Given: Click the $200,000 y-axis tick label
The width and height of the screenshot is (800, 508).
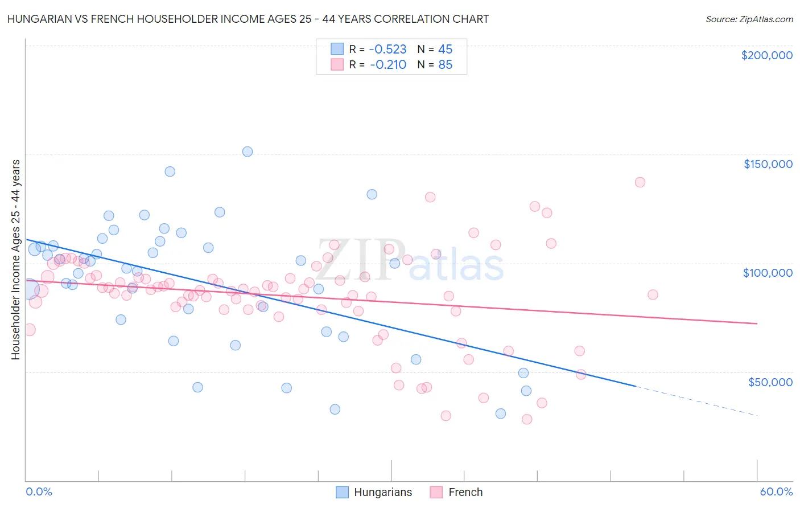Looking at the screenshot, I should pos(766,55).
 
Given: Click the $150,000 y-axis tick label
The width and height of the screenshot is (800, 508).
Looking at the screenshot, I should pos(768,164).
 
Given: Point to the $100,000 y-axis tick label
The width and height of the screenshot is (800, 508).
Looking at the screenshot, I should pos(768,273).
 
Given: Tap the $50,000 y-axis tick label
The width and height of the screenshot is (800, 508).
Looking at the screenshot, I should pos(770,382).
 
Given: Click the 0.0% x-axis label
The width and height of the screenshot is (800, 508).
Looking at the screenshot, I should pos(39,491).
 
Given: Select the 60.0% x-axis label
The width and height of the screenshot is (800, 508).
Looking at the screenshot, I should pos(776,491).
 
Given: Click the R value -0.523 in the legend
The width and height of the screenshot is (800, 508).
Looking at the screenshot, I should pos(388,49).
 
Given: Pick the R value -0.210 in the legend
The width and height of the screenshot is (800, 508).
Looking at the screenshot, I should pos(388,65).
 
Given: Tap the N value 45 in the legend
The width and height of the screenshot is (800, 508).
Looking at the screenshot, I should pos(445,49).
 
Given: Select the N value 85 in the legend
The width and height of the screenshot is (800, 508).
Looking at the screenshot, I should pos(445,65).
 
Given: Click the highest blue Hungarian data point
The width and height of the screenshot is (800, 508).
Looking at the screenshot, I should pos(248,151).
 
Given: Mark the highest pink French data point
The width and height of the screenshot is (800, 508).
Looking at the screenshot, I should pos(640,182).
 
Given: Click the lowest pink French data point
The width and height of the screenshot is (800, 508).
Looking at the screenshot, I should pos(527,419).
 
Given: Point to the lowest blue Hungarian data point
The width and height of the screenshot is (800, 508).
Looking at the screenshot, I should pos(501,413).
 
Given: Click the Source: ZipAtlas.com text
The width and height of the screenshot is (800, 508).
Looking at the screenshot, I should pos(749,19).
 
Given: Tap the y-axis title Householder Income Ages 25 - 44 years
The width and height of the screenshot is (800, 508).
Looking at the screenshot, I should pos(16,260).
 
